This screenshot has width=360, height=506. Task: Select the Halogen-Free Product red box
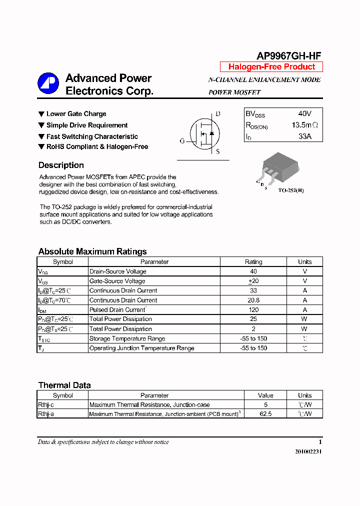271,67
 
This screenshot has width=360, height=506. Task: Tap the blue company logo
48,83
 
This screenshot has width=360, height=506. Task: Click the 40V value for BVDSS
304,114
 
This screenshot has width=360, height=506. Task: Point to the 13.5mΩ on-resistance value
304,125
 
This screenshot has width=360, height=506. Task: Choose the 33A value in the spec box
304,136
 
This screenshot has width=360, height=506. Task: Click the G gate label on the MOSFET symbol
182,141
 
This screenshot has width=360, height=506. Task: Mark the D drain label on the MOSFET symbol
217,114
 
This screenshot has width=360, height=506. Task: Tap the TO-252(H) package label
290,190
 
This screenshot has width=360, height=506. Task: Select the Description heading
61,165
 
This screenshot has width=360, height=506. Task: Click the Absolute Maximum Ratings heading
92,251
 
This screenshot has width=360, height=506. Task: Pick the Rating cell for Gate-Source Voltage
253,281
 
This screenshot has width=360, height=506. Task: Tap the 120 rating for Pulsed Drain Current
253,309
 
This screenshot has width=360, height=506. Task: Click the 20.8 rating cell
253,300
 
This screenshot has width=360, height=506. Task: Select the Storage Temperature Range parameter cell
127,338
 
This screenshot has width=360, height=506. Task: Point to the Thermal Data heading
64,385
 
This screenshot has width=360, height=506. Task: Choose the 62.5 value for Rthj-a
265,414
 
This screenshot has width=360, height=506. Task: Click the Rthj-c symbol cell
46,404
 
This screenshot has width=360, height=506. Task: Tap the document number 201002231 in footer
308,451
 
